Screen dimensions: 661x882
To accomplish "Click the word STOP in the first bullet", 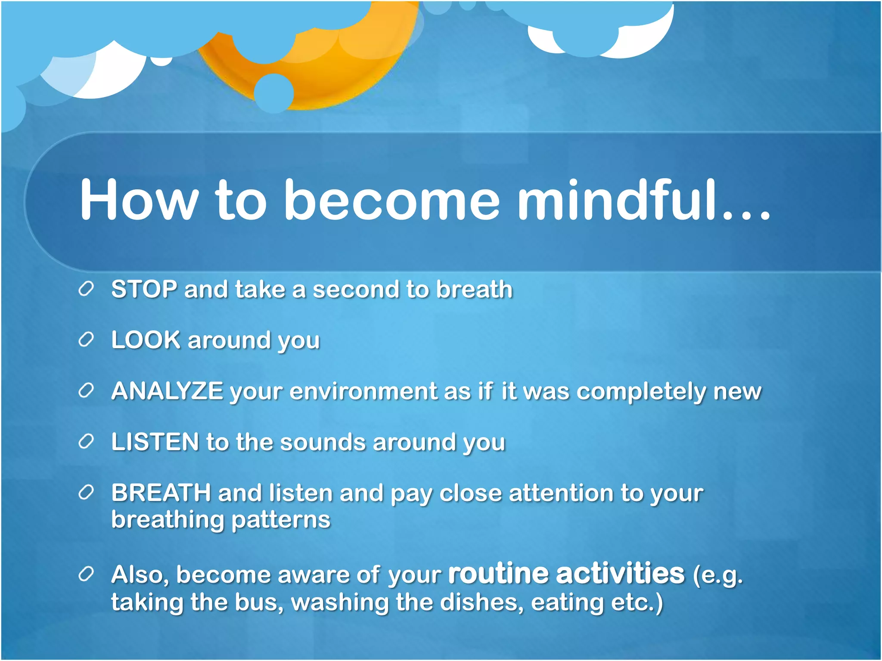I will [144, 289].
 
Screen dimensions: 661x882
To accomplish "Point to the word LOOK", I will [146, 340].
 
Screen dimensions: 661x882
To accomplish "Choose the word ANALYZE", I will [167, 391].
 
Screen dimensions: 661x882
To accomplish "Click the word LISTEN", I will [155, 442].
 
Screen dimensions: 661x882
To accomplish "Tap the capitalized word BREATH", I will [161, 493].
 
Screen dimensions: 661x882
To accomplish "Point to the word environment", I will [363, 391].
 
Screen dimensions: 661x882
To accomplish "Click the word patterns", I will [281, 520].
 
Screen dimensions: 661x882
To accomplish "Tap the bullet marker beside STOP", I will [86, 290].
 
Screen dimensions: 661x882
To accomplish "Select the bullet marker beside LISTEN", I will [86, 442].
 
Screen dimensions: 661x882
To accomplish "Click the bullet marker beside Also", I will [86, 574].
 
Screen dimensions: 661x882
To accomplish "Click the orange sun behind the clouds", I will [345, 73].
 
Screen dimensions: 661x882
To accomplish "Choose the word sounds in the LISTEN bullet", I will [323, 442].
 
